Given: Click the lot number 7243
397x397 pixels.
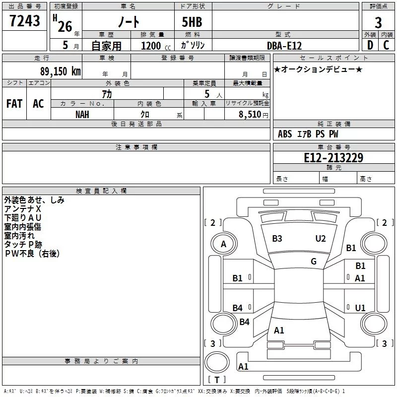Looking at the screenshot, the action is [x=24, y=21].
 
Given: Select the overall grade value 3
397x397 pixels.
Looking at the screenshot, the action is [x=378, y=23].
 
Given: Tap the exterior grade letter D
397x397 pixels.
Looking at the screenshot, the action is [x=370, y=45].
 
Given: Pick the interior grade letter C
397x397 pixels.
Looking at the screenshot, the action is [x=386, y=45].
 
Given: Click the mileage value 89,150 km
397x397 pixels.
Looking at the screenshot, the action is [x=60, y=71].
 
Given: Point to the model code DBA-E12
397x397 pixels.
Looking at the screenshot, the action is [x=284, y=46].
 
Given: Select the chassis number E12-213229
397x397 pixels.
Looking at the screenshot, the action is [x=333, y=158].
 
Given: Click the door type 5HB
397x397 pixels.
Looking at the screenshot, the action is [x=192, y=22].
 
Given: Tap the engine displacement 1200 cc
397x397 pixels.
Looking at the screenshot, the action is [x=156, y=46].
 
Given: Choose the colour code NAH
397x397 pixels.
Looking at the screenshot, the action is [x=82, y=115].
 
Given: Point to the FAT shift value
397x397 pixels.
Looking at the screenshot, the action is [x=14, y=104].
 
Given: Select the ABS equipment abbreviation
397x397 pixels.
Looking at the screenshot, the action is [x=285, y=134].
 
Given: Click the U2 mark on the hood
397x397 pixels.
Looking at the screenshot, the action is [x=320, y=239].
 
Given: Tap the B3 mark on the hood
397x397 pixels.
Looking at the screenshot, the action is [x=277, y=239].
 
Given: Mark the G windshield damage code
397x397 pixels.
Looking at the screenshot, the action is [x=314, y=262].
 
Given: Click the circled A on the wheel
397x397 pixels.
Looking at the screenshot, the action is [x=223, y=244].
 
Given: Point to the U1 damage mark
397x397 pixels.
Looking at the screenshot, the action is [x=360, y=308].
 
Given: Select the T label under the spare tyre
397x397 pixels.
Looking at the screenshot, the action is [x=217, y=380].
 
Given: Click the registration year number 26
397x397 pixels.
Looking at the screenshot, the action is [x=65, y=27].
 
